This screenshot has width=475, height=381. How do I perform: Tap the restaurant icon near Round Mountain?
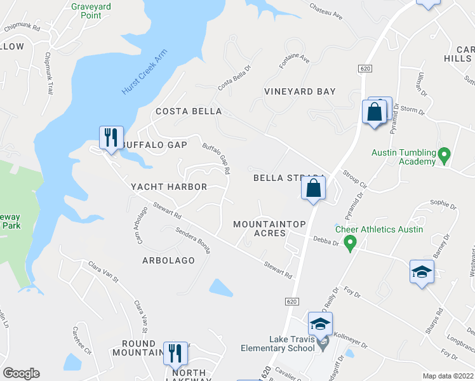[x=175, y=354]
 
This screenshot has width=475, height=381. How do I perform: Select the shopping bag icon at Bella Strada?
[x=313, y=189]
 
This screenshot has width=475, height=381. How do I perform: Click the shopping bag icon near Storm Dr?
[x=374, y=112]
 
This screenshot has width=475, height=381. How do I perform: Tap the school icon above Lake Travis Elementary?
[x=321, y=324]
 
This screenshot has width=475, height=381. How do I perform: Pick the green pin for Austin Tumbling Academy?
[x=445, y=154]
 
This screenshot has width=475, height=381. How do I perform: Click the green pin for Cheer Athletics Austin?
[x=349, y=241]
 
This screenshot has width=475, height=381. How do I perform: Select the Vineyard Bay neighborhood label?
[x=300, y=92]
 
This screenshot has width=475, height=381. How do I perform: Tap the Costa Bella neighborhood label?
[x=189, y=112]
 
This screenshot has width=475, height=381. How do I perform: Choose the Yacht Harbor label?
[x=169, y=187]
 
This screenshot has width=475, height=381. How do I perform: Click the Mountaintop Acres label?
[x=270, y=229]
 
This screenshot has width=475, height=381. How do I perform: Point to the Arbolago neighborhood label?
[x=168, y=261]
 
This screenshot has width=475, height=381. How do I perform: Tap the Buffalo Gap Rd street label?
[x=217, y=158]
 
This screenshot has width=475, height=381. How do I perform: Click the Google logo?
[x=21, y=373]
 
